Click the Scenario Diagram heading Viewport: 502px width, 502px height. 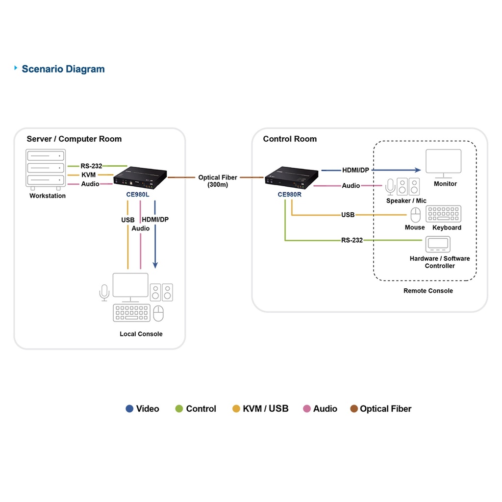[63, 69]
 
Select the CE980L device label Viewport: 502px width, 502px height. [138, 194]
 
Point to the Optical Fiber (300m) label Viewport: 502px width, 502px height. [218, 181]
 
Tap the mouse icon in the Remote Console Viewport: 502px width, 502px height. [415, 215]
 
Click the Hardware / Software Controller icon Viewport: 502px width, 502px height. [438, 244]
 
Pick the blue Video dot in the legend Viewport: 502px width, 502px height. [129, 409]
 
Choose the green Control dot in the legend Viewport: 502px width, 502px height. [179, 409]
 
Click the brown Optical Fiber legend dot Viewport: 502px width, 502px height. [354, 409]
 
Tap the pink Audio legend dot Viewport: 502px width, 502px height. [307, 409]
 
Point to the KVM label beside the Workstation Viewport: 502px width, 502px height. [89, 175]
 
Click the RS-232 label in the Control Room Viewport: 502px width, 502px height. [352, 240]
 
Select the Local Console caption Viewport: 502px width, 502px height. [141, 334]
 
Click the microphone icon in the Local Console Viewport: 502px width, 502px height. [104, 293]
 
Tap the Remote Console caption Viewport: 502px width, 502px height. [428, 291]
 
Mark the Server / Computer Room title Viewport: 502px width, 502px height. [74, 139]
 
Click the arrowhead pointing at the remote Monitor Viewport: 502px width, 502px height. [418, 170]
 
